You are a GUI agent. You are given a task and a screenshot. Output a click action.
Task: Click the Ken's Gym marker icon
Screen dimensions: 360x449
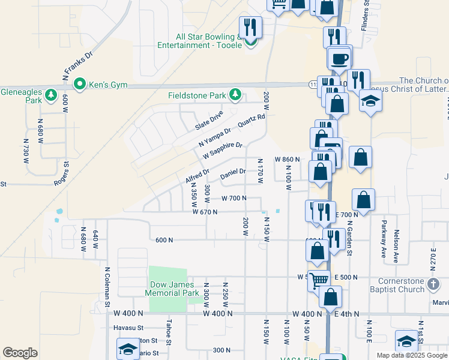click(x=79, y=85)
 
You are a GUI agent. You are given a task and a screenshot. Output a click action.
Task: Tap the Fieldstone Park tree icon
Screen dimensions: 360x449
click(x=236, y=95)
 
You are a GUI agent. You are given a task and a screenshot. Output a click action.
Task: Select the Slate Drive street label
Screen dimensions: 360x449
click(x=209, y=120)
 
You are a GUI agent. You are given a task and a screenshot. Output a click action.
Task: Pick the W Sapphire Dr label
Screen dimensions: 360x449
click(x=222, y=150)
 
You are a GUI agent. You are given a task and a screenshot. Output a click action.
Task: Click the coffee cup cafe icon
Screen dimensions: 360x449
click(x=340, y=58)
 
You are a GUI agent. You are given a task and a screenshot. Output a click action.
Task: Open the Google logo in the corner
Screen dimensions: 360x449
click(x=20, y=353)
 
